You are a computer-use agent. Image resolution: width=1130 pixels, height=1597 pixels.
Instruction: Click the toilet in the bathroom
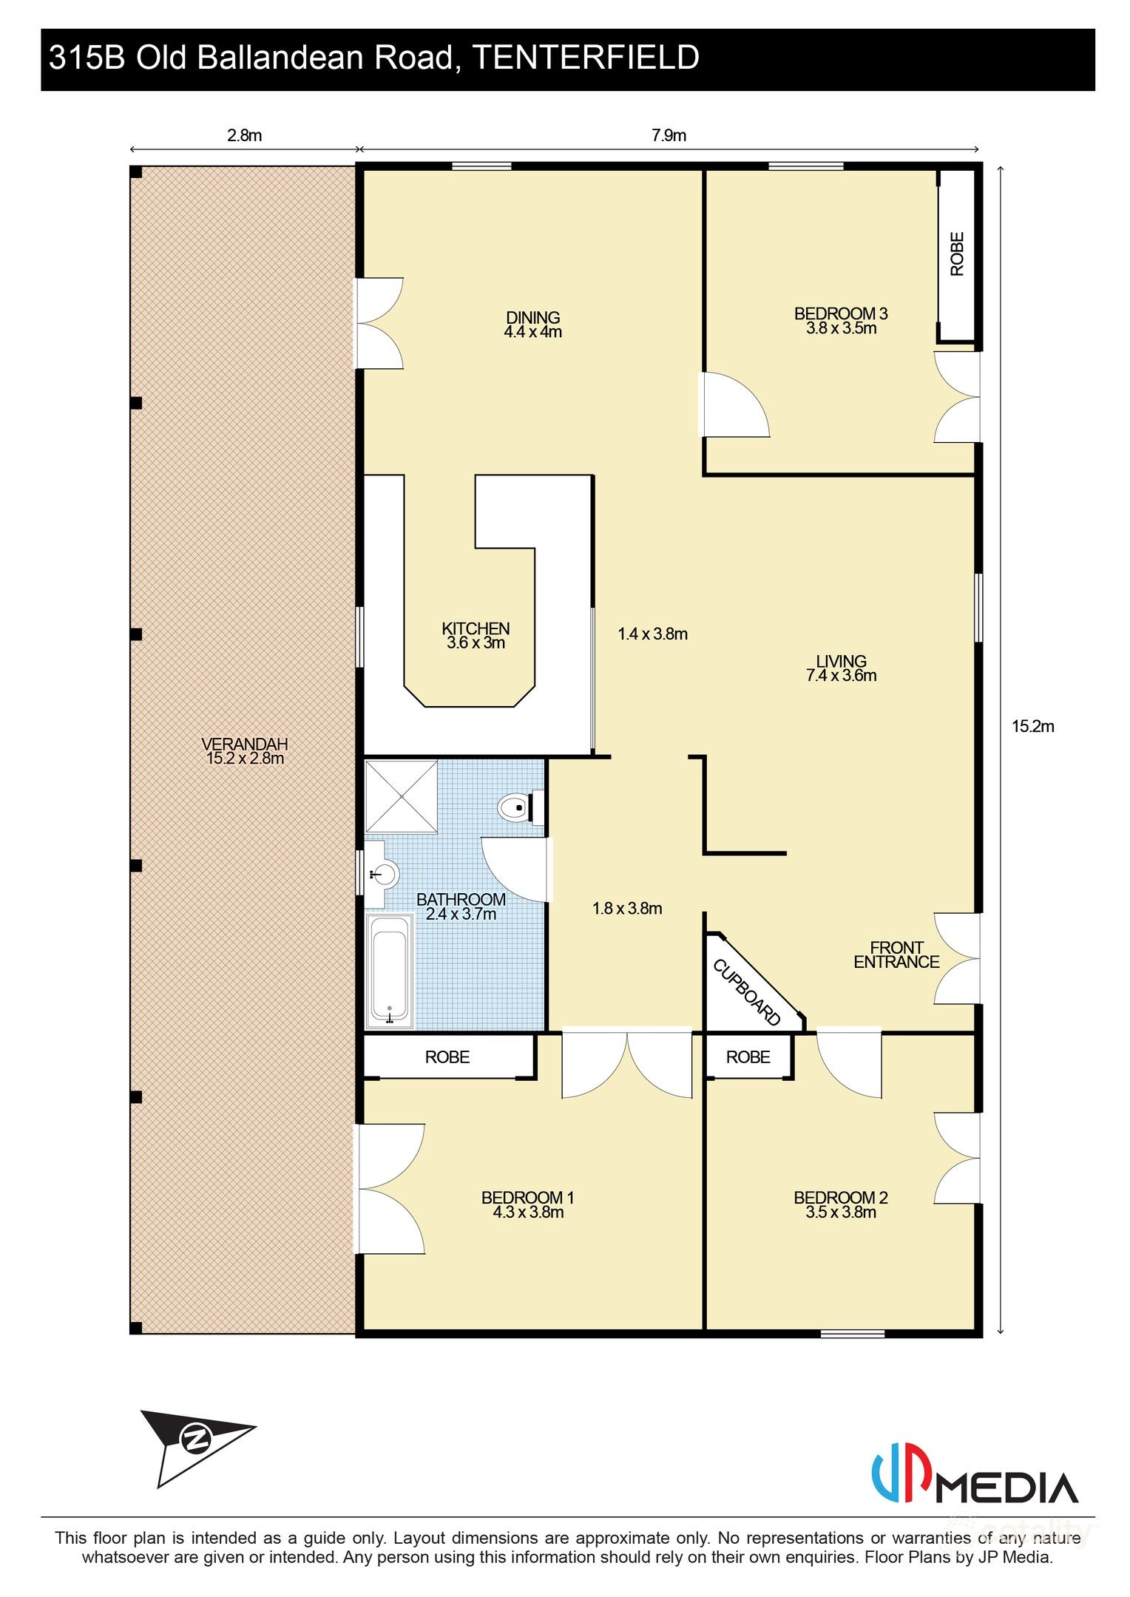coord(518,807)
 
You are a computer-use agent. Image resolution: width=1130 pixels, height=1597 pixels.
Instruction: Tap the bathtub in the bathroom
coord(389,972)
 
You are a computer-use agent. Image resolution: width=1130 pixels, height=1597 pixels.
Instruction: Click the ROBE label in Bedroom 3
coord(957,254)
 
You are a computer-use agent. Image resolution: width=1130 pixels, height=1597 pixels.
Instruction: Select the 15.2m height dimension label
coord(1032,727)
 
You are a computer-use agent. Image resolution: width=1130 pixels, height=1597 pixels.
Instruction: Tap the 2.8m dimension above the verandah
coord(244,135)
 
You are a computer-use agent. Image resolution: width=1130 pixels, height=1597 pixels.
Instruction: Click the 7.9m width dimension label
coord(669,135)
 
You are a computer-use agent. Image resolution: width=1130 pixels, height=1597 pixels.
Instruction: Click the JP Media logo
coord(975,1479)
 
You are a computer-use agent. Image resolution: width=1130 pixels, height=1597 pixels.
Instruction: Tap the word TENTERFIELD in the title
coord(585,58)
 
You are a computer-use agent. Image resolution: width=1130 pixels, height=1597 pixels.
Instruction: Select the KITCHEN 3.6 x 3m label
coord(476,636)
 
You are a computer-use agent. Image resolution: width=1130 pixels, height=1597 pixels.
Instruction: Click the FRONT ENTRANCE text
coord(896,955)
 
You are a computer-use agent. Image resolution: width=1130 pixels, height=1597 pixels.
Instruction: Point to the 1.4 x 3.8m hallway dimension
coord(652,634)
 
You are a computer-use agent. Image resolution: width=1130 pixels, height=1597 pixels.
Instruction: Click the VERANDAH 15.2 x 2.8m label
coord(245,751)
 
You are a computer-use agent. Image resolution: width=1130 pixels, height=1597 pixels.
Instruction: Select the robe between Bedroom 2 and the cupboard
coord(748,1057)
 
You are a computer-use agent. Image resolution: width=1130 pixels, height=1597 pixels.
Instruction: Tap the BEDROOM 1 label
coord(527,1198)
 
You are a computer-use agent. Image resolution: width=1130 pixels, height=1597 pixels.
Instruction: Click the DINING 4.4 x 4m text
coord(532,325)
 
